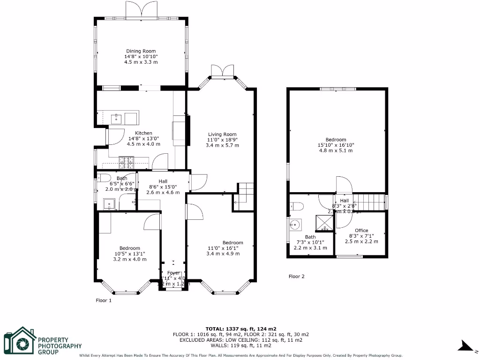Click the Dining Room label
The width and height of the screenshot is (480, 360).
click(x=141, y=51)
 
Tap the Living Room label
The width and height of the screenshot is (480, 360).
click(x=222, y=134)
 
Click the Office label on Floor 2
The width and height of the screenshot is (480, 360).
click(x=361, y=230)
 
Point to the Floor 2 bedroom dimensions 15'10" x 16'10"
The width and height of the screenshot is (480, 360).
click(x=336, y=145)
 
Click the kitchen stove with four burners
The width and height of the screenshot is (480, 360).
click(x=127, y=162)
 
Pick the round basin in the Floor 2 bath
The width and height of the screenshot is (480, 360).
click(x=295, y=224)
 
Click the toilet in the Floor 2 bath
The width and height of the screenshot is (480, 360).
click(x=297, y=206)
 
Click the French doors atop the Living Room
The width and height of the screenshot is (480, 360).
click(x=222, y=70)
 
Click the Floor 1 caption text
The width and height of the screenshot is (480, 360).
click(x=104, y=300)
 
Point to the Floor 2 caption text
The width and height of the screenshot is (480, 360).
click(x=296, y=277)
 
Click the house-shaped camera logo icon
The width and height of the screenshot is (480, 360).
click(x=20, y=342)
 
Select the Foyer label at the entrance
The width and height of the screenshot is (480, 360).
click(x=173, y=273)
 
